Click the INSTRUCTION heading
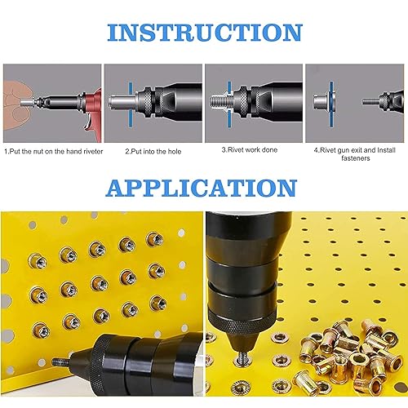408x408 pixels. (205, 33)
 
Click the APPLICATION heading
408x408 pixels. (202, 188)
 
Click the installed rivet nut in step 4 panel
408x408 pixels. (322, 101)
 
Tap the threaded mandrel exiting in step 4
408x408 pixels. (370, 102)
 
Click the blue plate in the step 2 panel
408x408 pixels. (131, 104)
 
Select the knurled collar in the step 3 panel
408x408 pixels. (241, 101)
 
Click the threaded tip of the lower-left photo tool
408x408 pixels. (60, 362)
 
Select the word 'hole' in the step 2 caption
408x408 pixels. (175, 152)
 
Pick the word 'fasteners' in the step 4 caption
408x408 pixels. (356, 158)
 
